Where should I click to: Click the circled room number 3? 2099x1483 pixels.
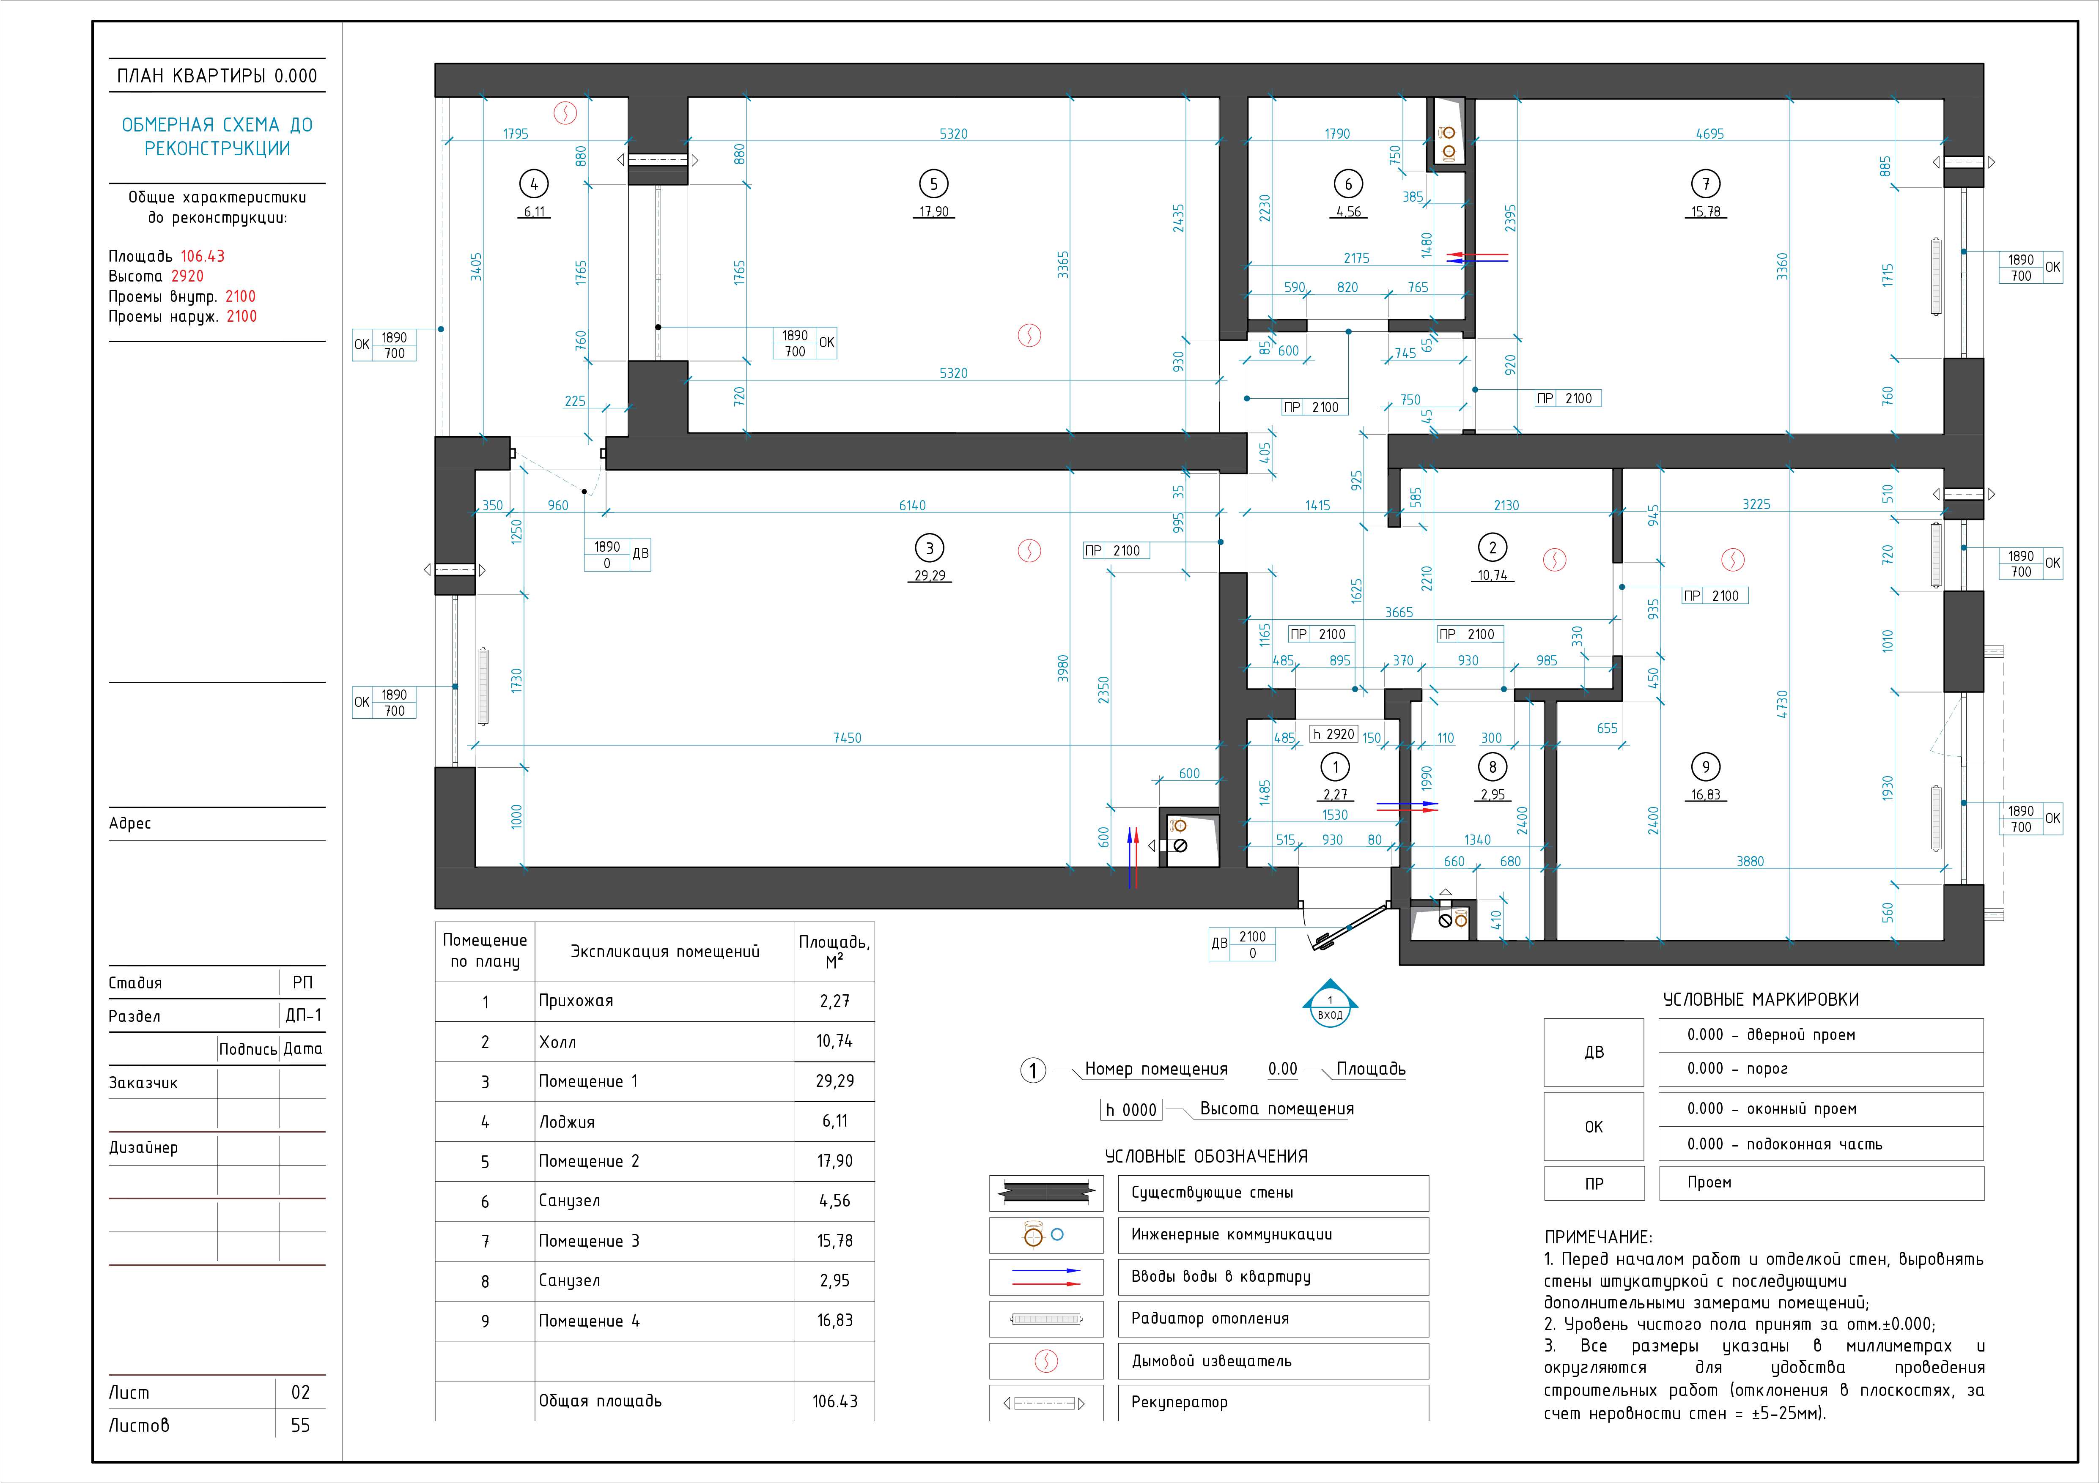(930, 548)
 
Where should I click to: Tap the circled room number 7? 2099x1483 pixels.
(1706, 183)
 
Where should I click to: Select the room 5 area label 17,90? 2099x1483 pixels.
(933, 212)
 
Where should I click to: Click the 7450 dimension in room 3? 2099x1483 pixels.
(847, 737)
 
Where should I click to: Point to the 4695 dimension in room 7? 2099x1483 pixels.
(1709, 134)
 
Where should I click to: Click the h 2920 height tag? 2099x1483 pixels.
(1334, 734)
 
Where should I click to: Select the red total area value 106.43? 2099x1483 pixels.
(202, 257)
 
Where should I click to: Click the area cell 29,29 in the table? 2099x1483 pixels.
(835, 1081)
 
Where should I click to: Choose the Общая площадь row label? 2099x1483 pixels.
(600, 1401)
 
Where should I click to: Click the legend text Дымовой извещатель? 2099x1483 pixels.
(1211, 1360)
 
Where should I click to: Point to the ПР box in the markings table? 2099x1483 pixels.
(1594, 1183)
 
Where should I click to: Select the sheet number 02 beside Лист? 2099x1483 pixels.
(301, 1393)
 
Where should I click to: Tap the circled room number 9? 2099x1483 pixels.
(1706, 766)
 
